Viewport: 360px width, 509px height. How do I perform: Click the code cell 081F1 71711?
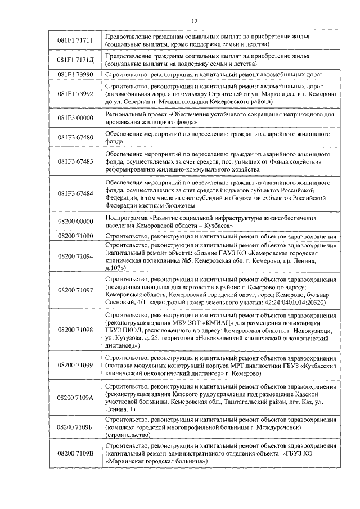tap(75, 40)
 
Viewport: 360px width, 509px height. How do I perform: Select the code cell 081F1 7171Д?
tap(75, 60)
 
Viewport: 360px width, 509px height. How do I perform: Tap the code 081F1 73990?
tap(75, 74)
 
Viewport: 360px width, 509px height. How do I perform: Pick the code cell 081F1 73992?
tap(75, 93)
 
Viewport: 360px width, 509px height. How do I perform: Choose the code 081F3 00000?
tap(75, 117)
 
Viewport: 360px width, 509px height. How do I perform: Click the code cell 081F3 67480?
tap(75, 137)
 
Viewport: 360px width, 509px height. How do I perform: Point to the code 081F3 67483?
tap(75, 161)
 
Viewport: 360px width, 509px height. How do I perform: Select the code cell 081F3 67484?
tap(75, 193)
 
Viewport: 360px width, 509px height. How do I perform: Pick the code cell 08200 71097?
tap(75, 290)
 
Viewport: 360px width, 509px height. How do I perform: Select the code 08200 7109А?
tap(75, 398)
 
